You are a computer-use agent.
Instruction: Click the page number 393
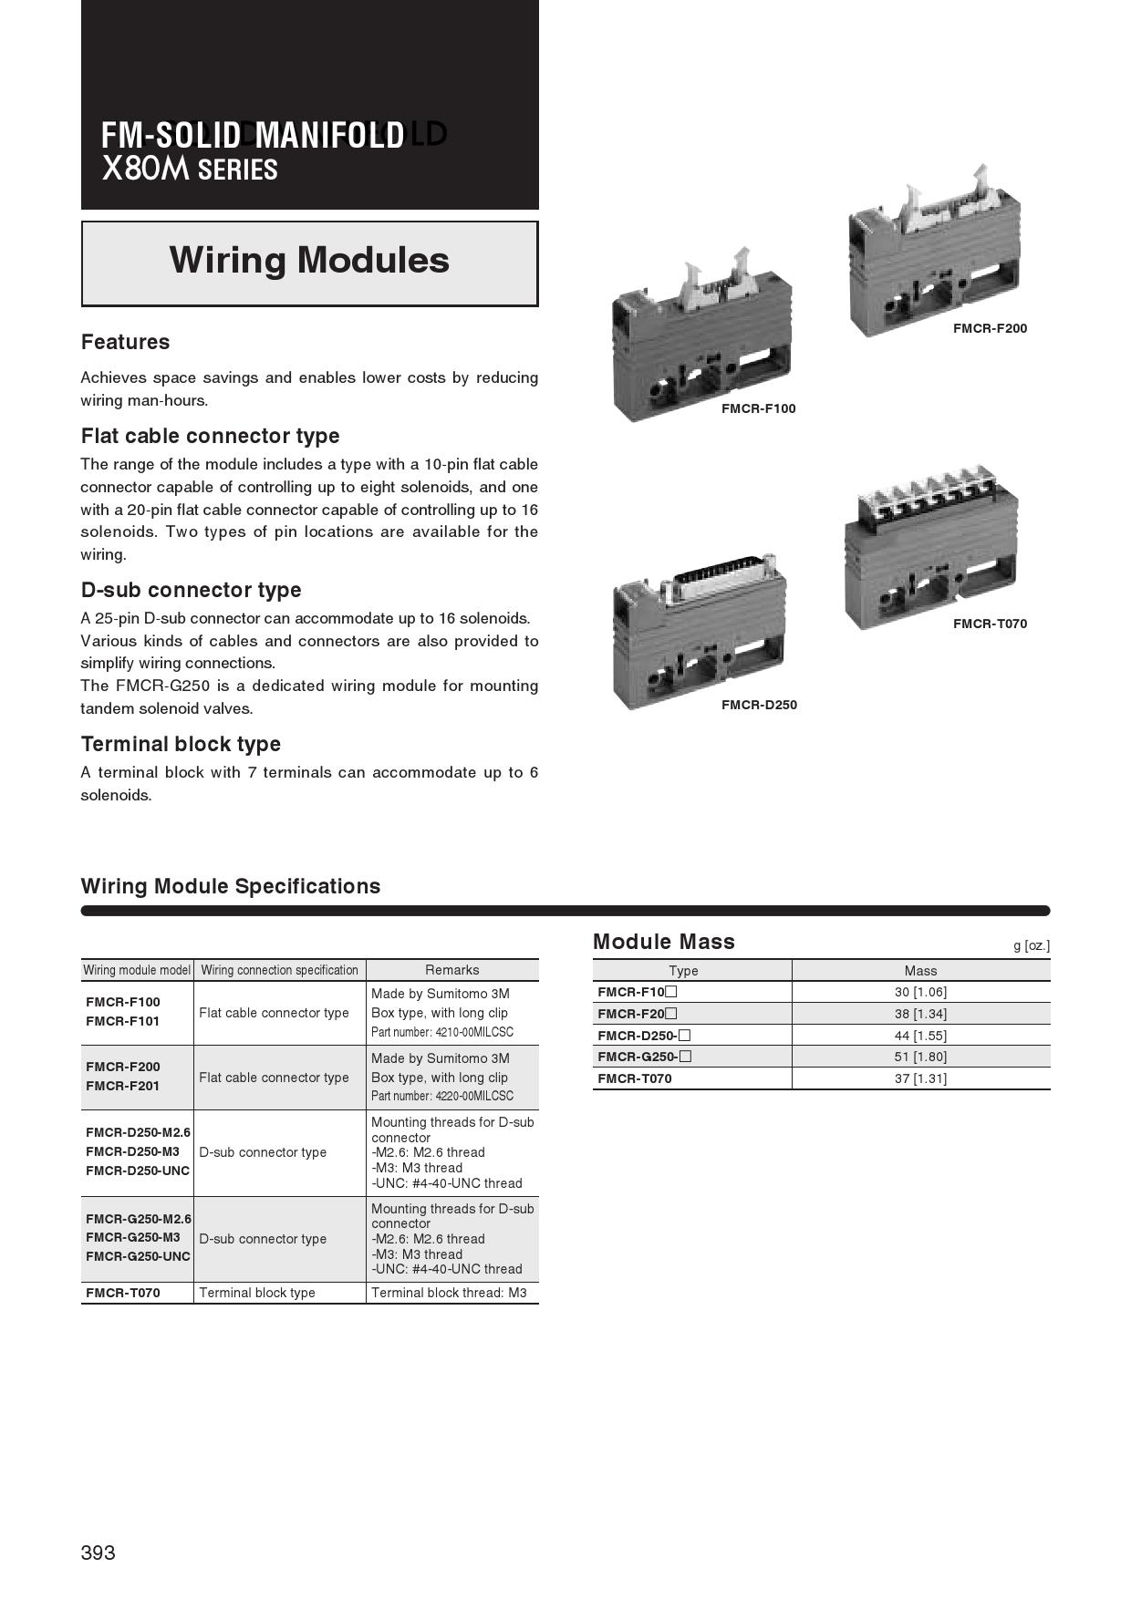click(98, 1553)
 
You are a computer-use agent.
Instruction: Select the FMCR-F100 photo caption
click(758, 408)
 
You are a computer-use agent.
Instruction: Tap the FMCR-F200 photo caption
click(990, 328)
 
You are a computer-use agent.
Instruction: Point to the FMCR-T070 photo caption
click(990, 624)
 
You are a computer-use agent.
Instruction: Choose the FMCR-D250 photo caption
click(759, 705)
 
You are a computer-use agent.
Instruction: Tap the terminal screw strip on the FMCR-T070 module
click(930, 497)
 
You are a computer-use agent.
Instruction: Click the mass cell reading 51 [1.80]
click(920, 1057)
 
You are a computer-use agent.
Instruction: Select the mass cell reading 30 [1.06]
click(920, 992)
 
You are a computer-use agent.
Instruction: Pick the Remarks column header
click(451, 970)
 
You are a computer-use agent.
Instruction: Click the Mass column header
click(920, 971)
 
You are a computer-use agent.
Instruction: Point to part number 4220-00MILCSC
click(442, 1096)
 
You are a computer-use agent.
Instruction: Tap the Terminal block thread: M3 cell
click(449, 1293)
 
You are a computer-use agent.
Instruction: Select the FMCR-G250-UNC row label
click(138, 1256)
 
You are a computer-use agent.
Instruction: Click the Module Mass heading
click(663, 942)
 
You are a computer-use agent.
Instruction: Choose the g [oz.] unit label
click(1031, 945)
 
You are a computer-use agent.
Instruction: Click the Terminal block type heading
click(181, 744)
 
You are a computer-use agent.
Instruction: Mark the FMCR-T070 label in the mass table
click(634, 1078)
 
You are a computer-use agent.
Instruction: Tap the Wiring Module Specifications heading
click(231, 886)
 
